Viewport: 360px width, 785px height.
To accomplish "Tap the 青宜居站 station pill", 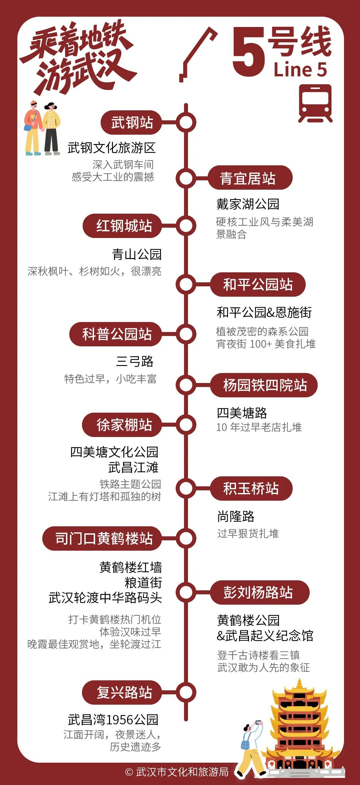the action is (250, 178).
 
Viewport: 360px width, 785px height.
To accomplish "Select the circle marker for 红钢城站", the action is (186, 226).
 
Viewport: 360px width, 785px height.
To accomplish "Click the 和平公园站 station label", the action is (258, 284).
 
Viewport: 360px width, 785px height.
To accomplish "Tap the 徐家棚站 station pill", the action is (122, 425).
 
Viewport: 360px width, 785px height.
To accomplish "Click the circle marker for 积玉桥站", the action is (186, 488).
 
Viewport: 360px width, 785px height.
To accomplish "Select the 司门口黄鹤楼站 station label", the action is (102, 538).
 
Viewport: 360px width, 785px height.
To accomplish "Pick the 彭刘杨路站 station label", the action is (260, 592).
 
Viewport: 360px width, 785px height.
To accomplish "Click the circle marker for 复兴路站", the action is (186, 692).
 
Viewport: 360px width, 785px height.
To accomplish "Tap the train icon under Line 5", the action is (315, 103).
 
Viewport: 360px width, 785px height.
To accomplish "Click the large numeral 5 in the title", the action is (248, 52).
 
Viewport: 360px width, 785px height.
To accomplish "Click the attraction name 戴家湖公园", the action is (248, 204).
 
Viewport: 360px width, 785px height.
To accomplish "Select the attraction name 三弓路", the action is (135, 361).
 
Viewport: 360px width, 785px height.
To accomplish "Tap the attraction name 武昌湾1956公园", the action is (113, 720).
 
